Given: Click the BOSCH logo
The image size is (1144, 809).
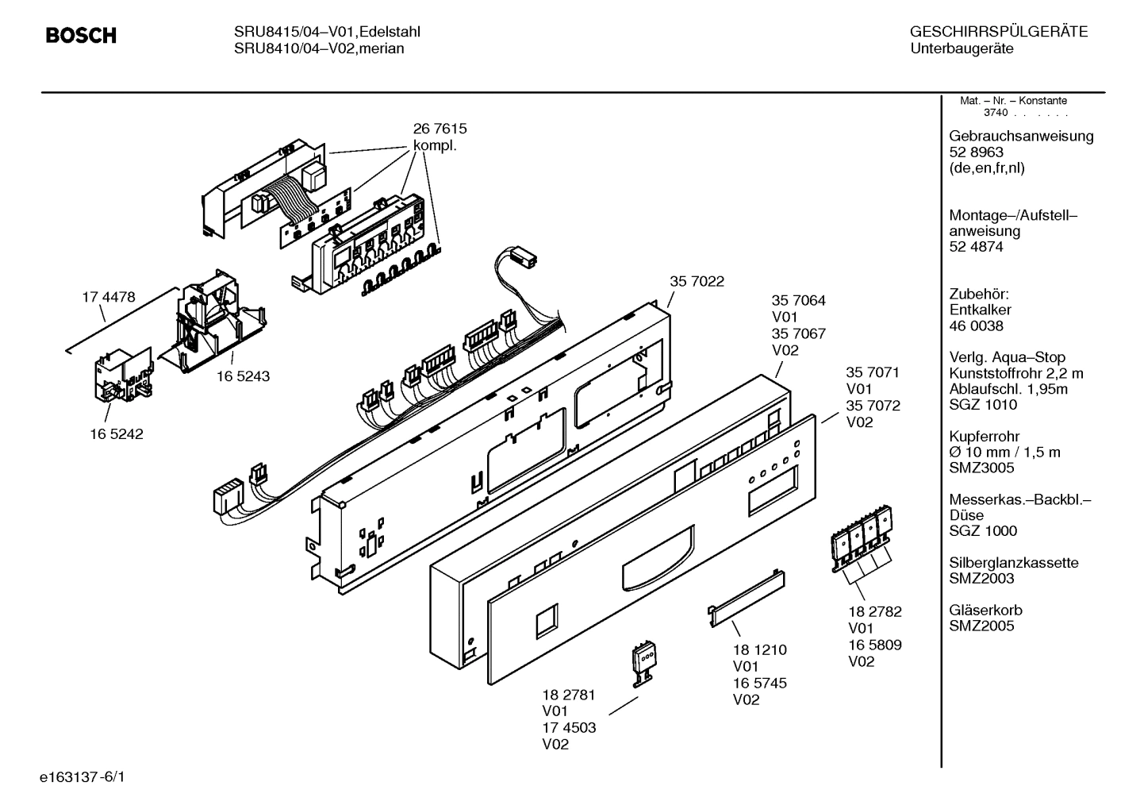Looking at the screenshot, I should (81, 36).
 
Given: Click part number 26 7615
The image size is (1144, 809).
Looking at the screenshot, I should (440, 129).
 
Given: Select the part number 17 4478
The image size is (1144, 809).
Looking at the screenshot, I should (109, 297).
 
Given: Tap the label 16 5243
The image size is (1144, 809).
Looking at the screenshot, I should (243, 376).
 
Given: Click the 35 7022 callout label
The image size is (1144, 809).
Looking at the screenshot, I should (697, 281).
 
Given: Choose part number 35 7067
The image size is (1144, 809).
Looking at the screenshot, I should (798, 333).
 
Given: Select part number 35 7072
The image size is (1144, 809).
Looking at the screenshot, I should (873, 406).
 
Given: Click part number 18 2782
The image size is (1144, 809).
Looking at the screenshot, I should (874, 611).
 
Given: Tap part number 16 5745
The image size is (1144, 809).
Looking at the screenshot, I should (759, 683).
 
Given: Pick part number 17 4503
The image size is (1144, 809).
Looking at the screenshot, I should (569, 727).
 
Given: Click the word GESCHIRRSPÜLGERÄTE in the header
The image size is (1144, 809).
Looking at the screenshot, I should (998, 33).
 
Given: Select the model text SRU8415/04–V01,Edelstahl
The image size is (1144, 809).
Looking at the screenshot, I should (327, 33).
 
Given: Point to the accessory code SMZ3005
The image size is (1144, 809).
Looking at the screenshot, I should (981, 468).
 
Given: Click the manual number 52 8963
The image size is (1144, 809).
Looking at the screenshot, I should (976, 152).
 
